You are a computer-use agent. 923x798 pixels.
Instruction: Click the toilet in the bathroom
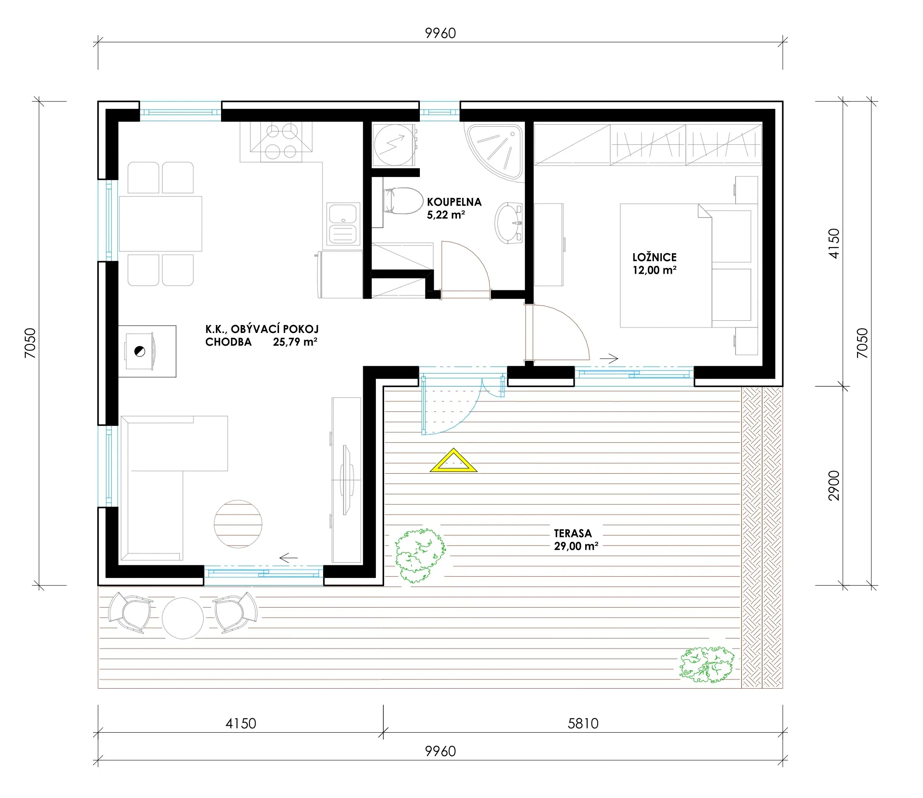pyautogui.click(x=403, y=201)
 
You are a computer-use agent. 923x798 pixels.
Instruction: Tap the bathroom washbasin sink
pyautogui.click(x=508, y=223)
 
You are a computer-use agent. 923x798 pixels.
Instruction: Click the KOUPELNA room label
pyautogui.click(x=454, y=202)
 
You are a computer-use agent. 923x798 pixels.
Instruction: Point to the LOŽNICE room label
pyautogui.click(x=654, y=258)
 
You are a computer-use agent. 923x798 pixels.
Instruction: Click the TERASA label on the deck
pyautogui.click(x=573, y=533)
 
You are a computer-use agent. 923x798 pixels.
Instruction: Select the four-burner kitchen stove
pyautogui.click(x=281, y=142)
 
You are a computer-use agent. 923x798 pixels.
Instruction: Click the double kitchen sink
pyautogui.click(x=343, y=224)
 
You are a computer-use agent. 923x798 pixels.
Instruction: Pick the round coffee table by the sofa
pyautogui.click(x=238, y=524)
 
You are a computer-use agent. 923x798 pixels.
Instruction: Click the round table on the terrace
pyautogui.click(x=183, y=618)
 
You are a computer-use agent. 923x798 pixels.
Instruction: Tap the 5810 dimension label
pyautogui.click(x=583, y=723)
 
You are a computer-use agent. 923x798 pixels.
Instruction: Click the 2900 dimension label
pyautogui.click(x=834, y=486)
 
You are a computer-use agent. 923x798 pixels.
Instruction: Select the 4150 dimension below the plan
pyautogui.click(x=241, y=723)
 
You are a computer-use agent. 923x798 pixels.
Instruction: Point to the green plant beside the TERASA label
pyautogui.click(x=419, y=555)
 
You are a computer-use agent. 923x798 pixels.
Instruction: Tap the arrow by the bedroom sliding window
pyautogui.click(x=609, y=358)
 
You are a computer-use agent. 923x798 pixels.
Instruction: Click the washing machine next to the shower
pyautogui.click(x=395, y=145)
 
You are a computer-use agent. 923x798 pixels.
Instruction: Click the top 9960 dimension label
pyautogui.click(x=440, y=34)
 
